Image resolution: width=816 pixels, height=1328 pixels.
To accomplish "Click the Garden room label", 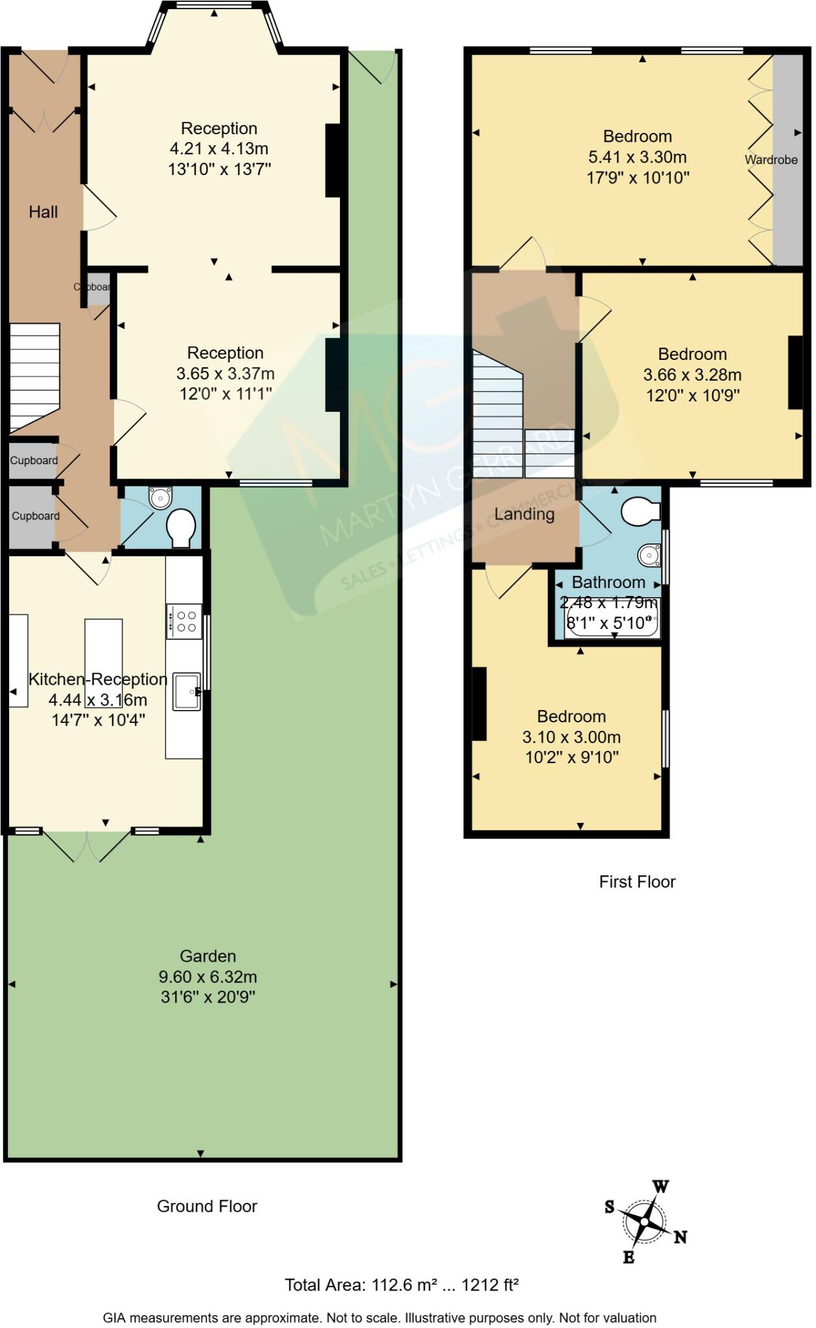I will (208, 956).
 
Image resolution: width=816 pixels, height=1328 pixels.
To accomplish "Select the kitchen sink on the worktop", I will (187, 691).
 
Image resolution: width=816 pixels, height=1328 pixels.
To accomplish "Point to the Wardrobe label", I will (771, 160).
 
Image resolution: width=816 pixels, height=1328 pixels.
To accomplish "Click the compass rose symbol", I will (644, 1222).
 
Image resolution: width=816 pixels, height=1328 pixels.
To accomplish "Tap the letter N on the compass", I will (680, 1237).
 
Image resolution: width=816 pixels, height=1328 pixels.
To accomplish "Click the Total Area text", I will (402, 1285).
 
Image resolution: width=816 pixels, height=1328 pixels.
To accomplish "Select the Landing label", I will (524, 514).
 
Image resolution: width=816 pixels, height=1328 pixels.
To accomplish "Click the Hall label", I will (43, 211).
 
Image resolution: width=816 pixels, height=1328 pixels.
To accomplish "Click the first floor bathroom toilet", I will (640, 511).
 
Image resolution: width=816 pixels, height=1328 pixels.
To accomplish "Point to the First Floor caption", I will (637, 882).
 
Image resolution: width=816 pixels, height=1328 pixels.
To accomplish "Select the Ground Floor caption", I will (207, 1206).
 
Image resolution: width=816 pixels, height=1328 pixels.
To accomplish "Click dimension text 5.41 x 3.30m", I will (637, 157).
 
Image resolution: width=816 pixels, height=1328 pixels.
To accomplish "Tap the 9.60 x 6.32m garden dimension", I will (208, 977).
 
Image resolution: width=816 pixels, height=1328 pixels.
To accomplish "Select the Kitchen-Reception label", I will (98, 679).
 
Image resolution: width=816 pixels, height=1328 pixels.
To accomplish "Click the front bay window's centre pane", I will (213, 6).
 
